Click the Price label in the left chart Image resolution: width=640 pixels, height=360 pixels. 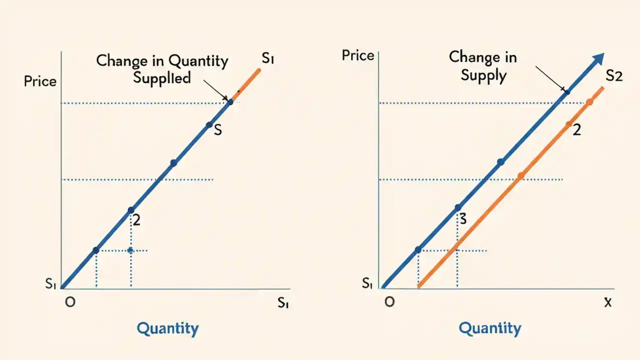click(40, 81)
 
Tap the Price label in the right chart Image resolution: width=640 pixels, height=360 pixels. click(358, 55)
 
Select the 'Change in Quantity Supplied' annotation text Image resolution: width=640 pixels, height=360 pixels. click(162, 69)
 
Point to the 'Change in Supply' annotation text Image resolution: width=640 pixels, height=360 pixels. click(483, 65)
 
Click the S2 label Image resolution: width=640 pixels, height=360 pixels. click(613, 76)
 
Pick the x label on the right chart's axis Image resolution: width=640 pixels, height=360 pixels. click(607, 302)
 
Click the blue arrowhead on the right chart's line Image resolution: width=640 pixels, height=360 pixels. click(597, 60)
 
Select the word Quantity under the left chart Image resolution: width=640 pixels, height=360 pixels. click(167, 328)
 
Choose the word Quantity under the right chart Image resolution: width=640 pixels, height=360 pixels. click(490, 328)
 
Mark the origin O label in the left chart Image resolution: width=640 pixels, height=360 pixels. click(70, 302)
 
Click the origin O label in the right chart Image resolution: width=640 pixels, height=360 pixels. click(389, 302)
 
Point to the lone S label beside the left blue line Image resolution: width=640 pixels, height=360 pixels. click(217, 130)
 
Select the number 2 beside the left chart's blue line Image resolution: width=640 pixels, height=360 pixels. click(136, 220)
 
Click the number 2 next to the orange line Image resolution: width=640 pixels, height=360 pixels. click(576, 130)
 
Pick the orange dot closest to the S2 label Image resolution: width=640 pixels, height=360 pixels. click(589, 102)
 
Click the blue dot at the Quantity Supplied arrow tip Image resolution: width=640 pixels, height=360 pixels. click(230, 102)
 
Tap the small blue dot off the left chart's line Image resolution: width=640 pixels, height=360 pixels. click(130, 250)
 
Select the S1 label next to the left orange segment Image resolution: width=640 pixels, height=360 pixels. click(268, 59)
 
